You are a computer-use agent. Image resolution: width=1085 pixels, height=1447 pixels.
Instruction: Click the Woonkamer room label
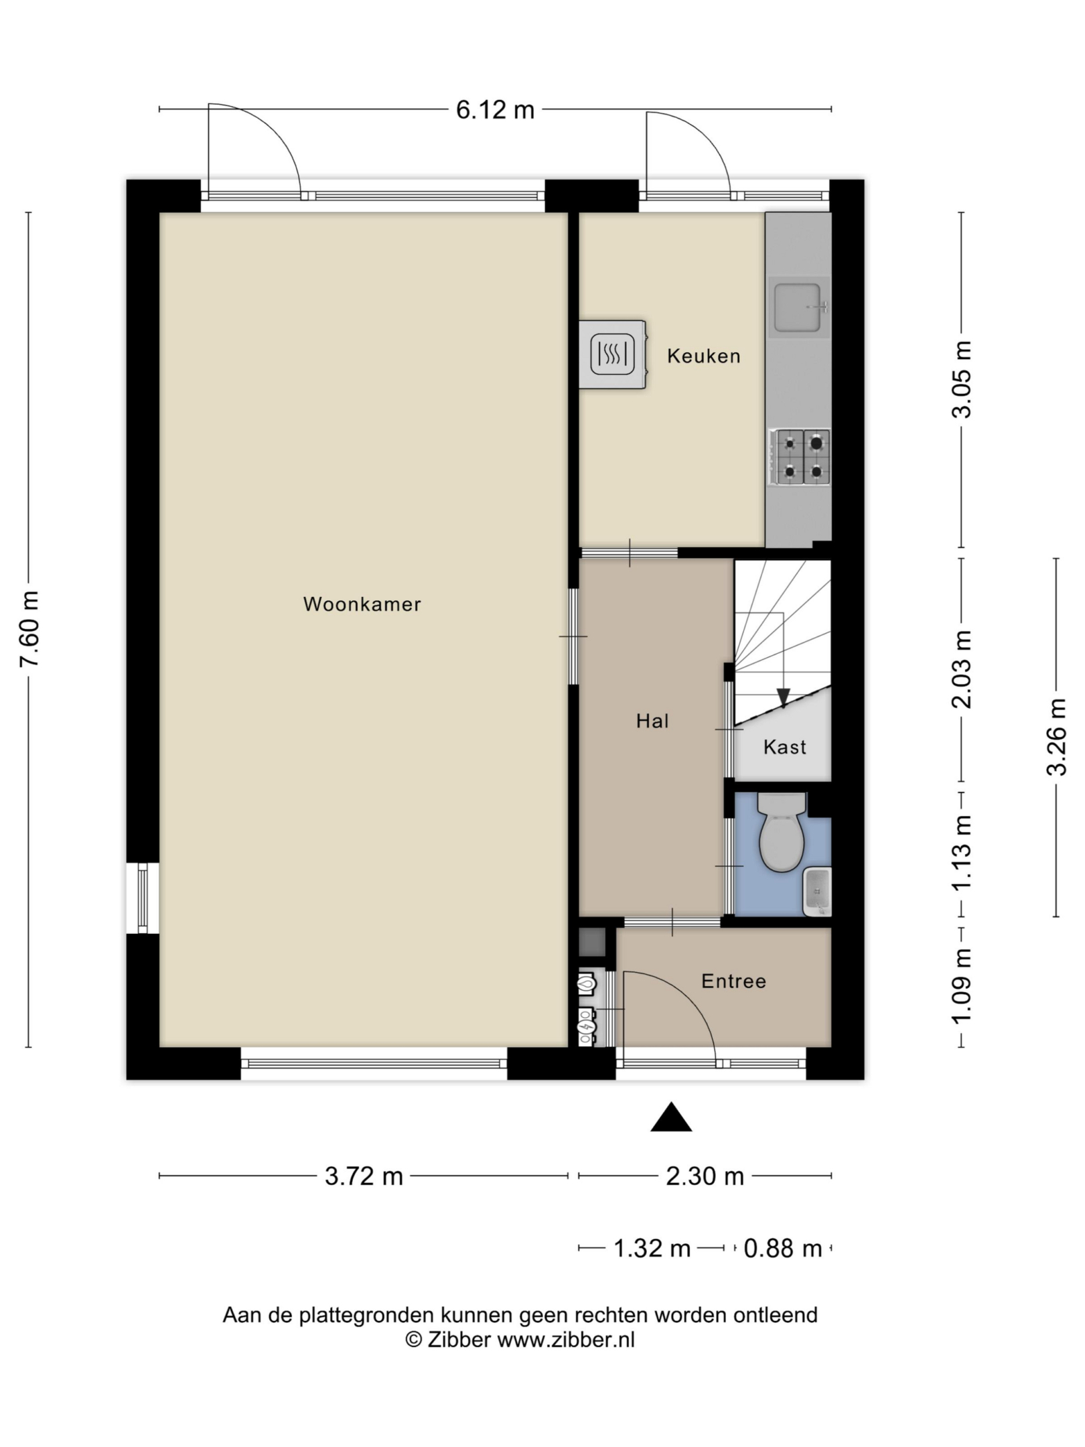pos(362,604)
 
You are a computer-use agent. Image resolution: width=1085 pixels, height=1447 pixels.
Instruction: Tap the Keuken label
pos(704,356)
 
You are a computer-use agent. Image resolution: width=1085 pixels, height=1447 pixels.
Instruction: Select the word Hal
pos(652,721)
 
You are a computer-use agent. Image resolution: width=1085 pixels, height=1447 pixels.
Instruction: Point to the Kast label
pos(785,747)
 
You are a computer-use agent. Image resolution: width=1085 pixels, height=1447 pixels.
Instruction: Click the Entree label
pos(733,981)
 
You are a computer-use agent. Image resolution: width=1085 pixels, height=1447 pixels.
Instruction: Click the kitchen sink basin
pos(798,307)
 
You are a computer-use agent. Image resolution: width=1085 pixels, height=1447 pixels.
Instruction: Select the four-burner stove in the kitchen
pos(800,457)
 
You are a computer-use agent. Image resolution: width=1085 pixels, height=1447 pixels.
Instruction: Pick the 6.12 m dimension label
pos(496,110)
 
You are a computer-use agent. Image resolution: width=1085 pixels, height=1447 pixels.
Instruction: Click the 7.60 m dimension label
pos(30,630)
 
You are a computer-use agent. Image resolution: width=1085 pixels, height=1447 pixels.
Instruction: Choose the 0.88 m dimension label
pos(783,1249)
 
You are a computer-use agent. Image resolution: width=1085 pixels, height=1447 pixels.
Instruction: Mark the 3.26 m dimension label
pos(1057,737)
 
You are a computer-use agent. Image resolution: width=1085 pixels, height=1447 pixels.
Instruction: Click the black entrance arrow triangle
pos(671,1117)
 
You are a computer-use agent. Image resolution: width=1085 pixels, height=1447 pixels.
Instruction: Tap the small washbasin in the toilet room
pos(817,892)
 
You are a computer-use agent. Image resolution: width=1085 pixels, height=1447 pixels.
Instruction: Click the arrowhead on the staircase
pos(782,698)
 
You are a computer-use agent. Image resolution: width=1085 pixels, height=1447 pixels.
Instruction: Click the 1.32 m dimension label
pos(652,1249)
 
